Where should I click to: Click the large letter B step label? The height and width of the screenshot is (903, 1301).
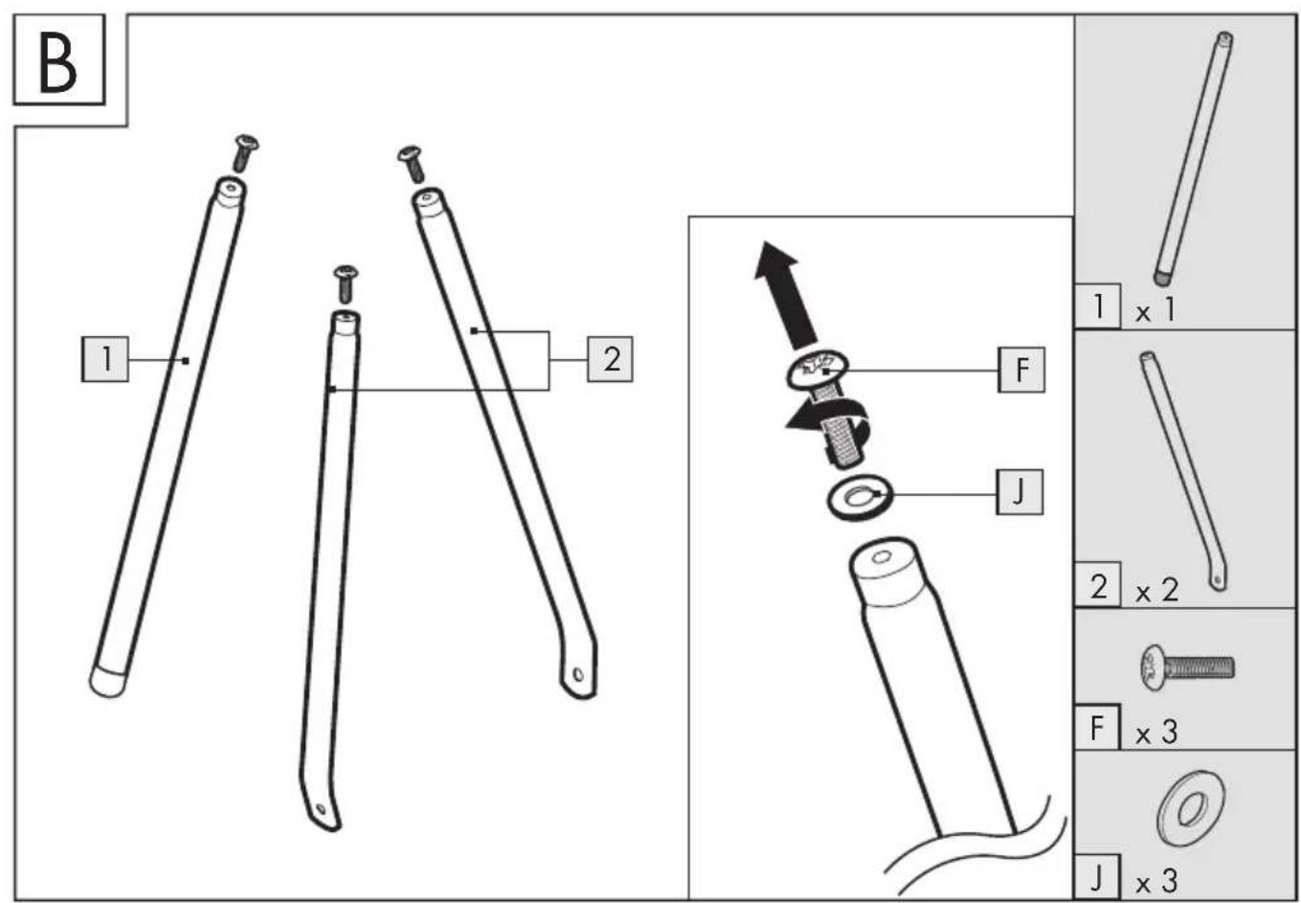point(58,60)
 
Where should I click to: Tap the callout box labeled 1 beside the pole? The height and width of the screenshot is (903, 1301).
point(105,359)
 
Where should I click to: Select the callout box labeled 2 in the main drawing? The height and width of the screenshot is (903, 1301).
point(610,359)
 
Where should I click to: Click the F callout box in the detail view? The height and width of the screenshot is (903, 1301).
point(1021,370)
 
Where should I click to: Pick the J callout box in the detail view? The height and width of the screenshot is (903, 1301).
point(1020,492)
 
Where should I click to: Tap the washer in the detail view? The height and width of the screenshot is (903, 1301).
point(861,497)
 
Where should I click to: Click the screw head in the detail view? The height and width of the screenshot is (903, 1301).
point(818,369)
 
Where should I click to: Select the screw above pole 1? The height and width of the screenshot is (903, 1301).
point(245,153)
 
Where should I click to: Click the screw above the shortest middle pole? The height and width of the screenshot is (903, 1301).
point(346,284)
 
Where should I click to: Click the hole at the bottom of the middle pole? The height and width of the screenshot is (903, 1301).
point(320,808)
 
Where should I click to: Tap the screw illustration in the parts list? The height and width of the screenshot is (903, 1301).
point(1188,667)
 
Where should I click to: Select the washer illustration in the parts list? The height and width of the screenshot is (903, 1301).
point(1191,807)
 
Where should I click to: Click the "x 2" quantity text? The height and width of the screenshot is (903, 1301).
point(1157,591)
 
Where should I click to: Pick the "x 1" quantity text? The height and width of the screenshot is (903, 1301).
point(1155,309)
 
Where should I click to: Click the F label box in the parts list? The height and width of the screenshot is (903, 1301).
point(1096,727)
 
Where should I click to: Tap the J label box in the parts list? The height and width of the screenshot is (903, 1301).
point(1096,877)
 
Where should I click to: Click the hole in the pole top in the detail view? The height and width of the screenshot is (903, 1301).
point(882,558)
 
